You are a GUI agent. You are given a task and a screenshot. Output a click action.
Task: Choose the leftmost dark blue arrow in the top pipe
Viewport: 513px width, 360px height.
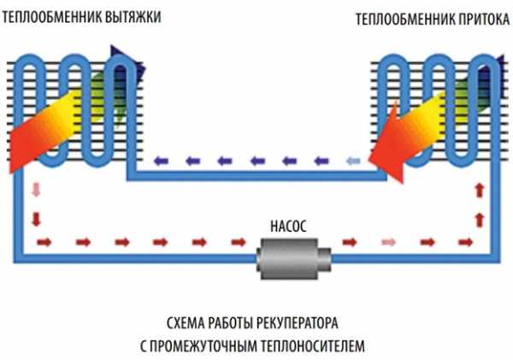(x=160, y=160)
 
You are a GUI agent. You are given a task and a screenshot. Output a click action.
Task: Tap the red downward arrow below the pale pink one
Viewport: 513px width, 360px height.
(x=33, y=219)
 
